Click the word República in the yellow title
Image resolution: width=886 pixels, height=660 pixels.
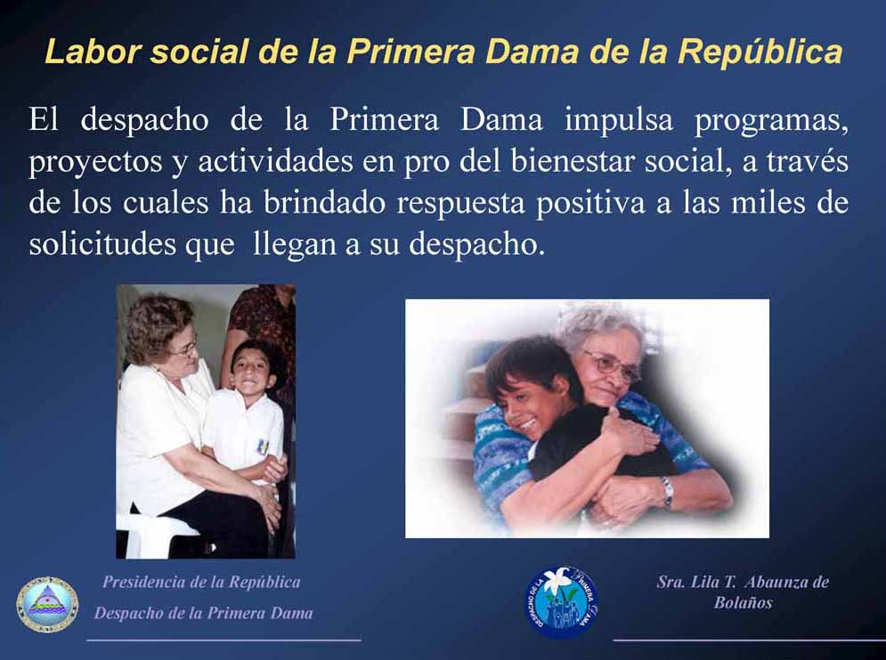click(760, 52)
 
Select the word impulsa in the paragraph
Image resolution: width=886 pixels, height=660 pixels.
click(619, 121)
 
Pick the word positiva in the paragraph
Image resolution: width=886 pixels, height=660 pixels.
click(589, 204)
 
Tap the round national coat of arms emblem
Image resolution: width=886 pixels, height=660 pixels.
click(47, 605)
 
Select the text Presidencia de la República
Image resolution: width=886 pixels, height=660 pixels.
click(201, 582)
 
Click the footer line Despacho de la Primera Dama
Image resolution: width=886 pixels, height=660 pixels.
click(203, 613)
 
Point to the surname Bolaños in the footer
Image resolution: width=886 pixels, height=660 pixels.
click(743, 602)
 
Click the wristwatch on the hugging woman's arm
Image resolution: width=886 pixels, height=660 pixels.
click(668, 491)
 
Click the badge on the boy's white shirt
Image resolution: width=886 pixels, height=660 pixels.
click(262, 447)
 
